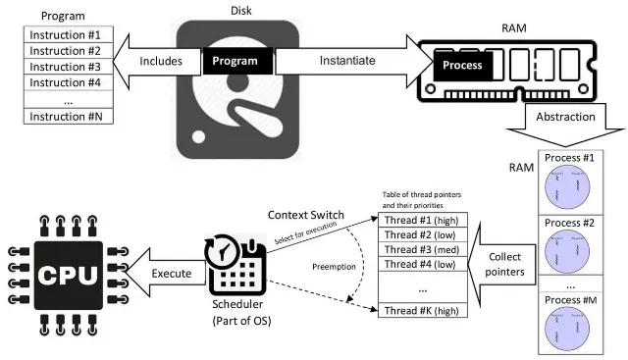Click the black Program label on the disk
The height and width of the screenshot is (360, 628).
pos(235,61)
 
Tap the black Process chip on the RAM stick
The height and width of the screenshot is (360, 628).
pos(462,65)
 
